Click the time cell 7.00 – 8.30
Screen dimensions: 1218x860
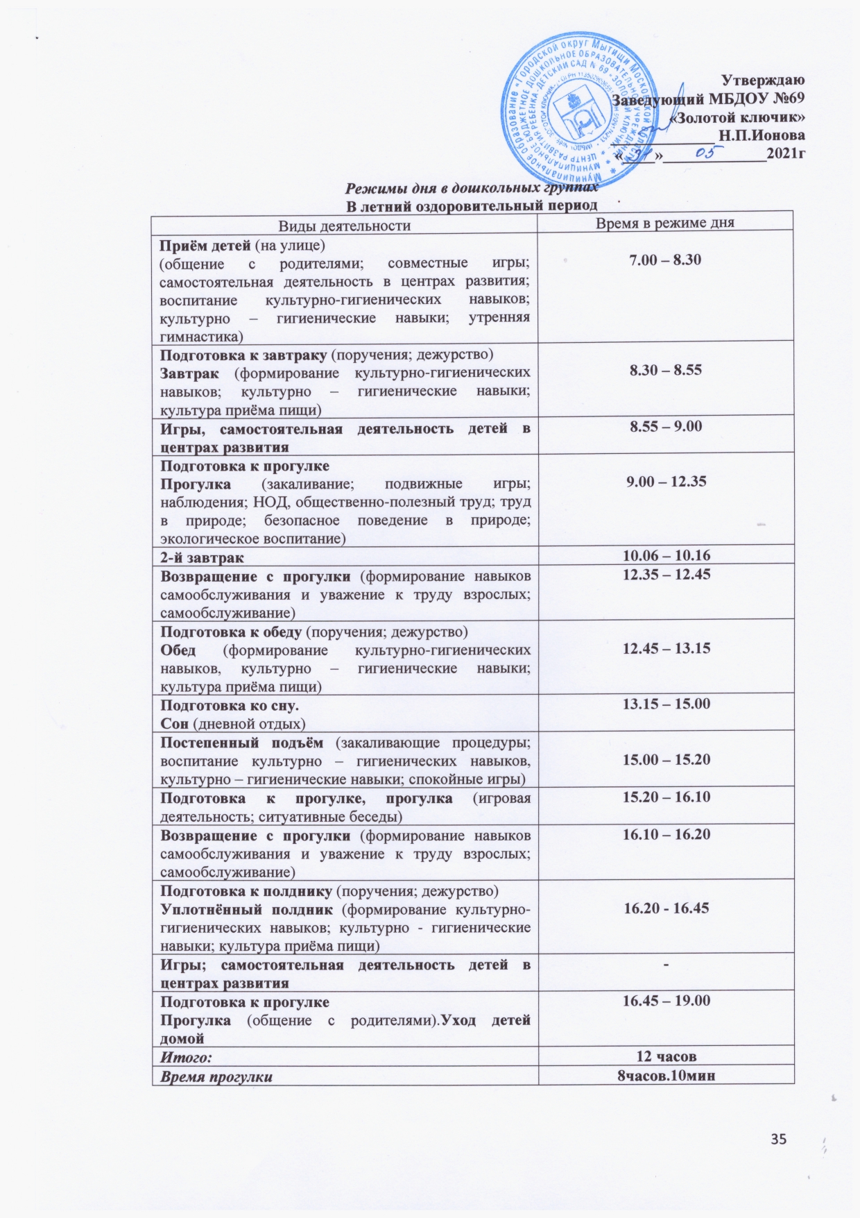tap(665, 260)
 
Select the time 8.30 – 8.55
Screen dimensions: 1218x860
tap(665, 370)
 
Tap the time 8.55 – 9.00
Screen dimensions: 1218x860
tap(665, 425)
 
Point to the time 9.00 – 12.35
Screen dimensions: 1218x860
tap(666, 480)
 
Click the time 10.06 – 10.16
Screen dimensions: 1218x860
tap(666, 555)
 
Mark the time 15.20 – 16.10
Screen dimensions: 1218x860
tap(666, 796)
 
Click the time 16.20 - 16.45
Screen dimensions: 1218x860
tap(666, 907)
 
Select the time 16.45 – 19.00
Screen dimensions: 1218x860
tap(666, 1000)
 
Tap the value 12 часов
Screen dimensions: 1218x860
tap(666, 1056)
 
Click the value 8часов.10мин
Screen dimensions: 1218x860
tap(666, 1076)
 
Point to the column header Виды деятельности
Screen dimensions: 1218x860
tap(344, 225)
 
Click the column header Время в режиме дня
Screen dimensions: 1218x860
tap(665, 222)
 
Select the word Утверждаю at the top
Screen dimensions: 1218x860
tap(763, 79)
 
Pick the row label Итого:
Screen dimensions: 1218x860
tap(186, 1057)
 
